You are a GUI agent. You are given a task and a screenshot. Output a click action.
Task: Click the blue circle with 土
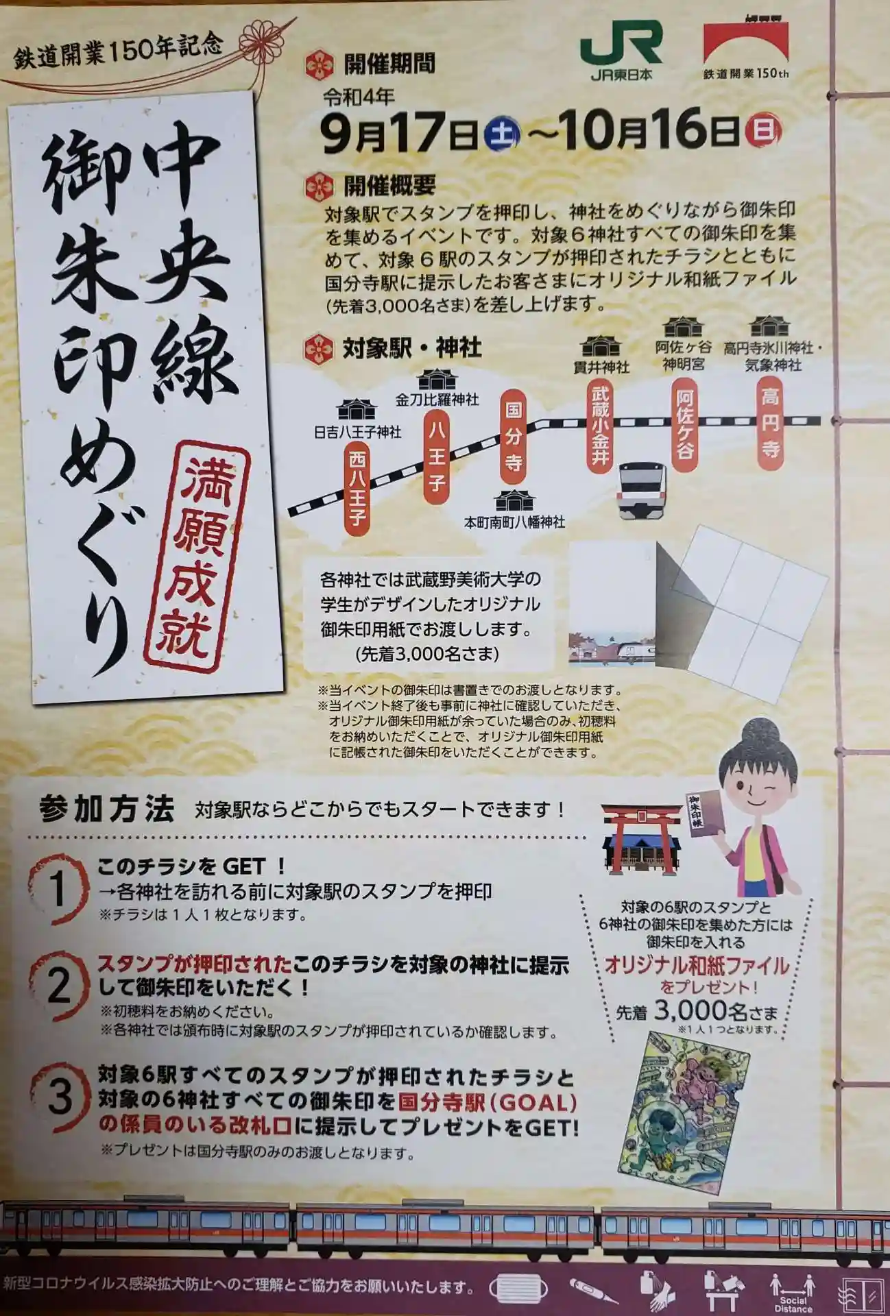pyautogui.click(x=503, y=132)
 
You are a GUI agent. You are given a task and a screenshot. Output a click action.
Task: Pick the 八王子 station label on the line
pyautogui.click(x=436, y=456)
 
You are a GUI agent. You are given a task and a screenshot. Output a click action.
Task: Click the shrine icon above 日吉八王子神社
pyautogui.click(x=357, y=410)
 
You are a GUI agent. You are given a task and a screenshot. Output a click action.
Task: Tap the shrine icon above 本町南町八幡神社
pyautogui.click(x=514, y=500)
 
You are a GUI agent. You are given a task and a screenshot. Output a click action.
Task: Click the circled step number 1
pyautogui.click(x=60, y=888)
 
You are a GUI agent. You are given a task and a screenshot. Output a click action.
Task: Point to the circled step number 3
pyautogui.click(x=60, y=1096)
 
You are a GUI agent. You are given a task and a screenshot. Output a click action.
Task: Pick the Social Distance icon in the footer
pyautogui.click(x=793, y=1293)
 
